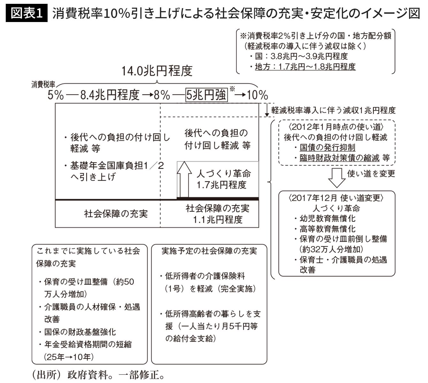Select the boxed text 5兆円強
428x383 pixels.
(x=206, y=94)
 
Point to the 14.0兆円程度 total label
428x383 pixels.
(x=157, y=71)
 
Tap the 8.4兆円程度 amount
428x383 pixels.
(x=110, y=95)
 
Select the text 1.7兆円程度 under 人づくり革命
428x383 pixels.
(x=221, y=185)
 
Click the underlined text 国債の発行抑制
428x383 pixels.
(x=327, y=147)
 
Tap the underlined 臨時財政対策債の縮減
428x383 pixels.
(x=340, y=158)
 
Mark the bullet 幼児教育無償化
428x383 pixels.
(x=327, y=219)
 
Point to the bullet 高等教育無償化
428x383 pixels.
(x=327, y=229)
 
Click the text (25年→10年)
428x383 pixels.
(x=69, y=357)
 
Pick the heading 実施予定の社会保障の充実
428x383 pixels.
(x=209, y=251)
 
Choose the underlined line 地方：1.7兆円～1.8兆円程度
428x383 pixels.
(x=305, y=67)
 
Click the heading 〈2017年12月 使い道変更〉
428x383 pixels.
(x=336, y=198)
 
